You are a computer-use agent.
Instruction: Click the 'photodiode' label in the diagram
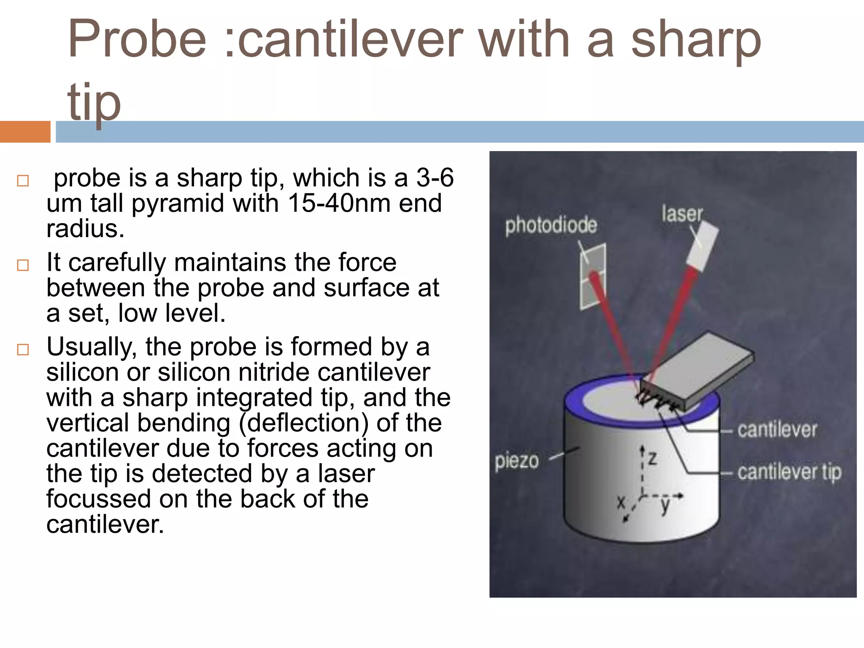click(551, 225)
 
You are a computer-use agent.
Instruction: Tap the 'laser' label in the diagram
click(682, 214)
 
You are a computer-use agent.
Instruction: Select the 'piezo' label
click(516, 461)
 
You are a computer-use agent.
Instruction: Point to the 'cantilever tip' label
click(789, 472)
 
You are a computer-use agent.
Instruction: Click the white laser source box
click(702, 247)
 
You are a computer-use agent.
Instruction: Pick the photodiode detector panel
click(593, 276)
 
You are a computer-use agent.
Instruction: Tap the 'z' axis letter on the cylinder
click(653, 457)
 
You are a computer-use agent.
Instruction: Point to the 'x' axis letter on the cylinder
click(621, 502)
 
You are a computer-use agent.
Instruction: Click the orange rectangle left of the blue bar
click(25, 132)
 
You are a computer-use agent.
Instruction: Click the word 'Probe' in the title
click(138, 40)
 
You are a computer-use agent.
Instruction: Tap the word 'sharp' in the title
click(696, 40)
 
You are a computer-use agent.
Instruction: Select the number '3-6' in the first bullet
click(435, 178)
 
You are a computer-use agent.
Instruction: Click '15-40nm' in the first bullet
click(340, 203)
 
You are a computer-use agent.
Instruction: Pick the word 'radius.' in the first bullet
click(85, 229)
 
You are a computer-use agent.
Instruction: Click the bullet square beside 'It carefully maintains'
click(23, 265)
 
